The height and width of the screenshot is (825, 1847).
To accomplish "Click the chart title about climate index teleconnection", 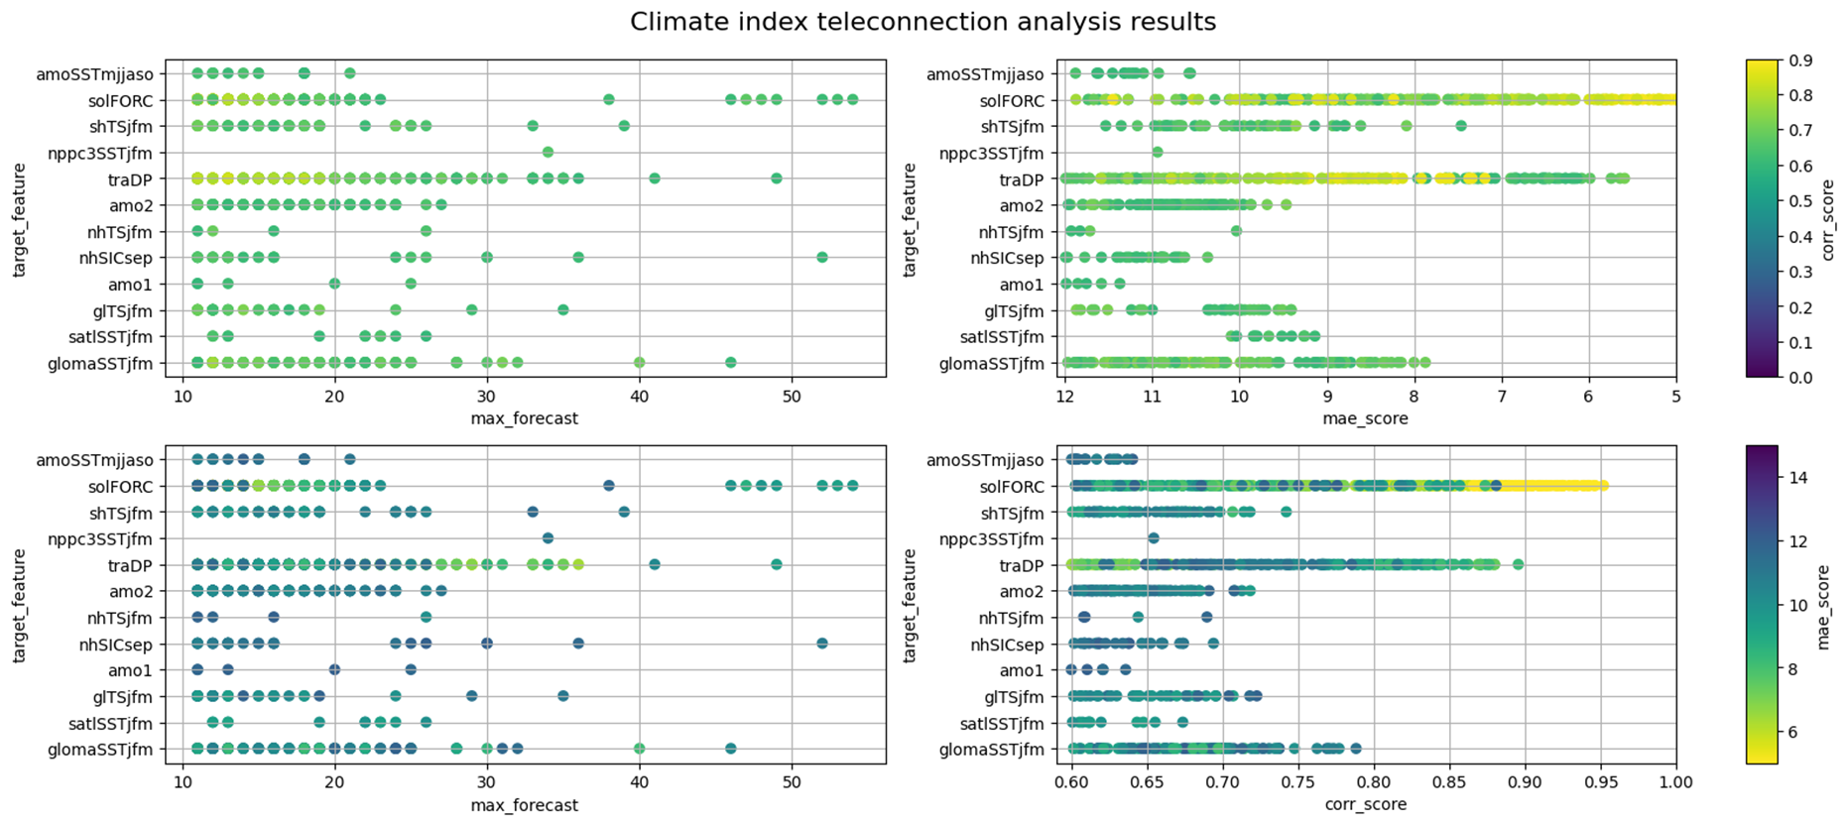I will click(923, 22).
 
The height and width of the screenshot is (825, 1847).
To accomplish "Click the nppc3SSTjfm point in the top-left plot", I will click(548, 152).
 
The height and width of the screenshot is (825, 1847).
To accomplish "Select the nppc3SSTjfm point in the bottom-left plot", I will click(548, 538).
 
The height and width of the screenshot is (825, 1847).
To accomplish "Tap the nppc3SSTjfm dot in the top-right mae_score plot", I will click(1158, 152).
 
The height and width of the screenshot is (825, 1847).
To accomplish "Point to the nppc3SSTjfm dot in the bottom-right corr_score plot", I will click(1153, 538).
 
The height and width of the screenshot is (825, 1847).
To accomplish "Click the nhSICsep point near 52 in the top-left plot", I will click(822, 257).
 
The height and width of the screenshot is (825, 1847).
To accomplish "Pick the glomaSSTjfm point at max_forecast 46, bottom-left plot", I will click(731, 749).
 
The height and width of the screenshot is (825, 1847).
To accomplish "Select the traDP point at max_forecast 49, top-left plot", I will click(777, 178).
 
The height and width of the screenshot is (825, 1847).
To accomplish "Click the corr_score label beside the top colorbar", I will click(1828, 219).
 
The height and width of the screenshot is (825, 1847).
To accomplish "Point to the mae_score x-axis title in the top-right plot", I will click(1365, 418).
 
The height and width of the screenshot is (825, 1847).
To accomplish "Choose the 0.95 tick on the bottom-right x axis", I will click(1600, 782).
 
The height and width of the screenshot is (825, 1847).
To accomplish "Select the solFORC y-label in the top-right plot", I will click(1012, 100).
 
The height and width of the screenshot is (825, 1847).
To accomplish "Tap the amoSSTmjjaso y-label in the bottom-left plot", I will click(94, 460).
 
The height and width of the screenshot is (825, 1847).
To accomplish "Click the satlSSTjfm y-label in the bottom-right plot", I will click(1002, 724).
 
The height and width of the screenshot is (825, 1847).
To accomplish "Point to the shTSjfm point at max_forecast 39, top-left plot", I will click(624, 126).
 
